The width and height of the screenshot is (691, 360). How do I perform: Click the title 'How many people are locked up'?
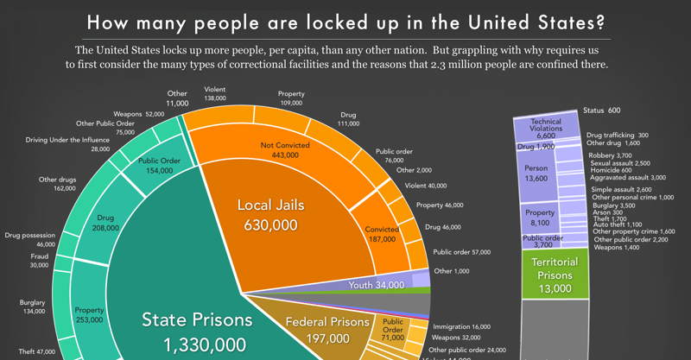345,21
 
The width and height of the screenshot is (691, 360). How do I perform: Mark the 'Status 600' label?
601,111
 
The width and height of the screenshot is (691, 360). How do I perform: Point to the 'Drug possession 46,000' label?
31,240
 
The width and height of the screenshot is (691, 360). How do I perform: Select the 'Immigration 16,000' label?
461,327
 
